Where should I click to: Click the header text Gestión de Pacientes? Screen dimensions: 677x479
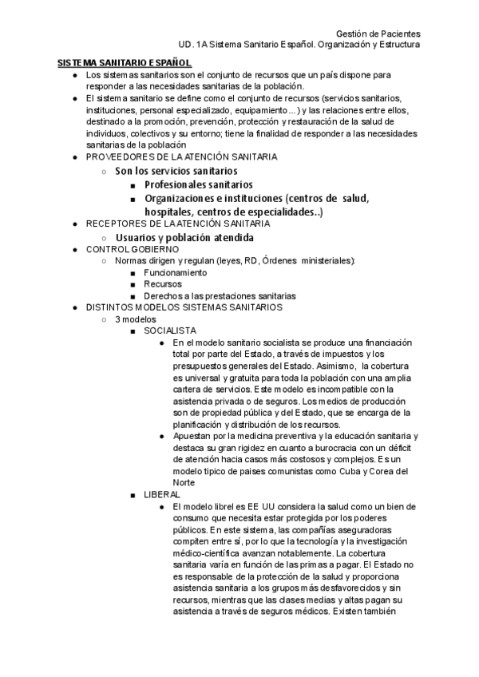coord(378,34)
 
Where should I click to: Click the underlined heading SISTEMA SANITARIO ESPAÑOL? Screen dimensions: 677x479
coord(124,62)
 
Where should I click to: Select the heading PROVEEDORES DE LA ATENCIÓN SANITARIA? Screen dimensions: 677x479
coord(181,157)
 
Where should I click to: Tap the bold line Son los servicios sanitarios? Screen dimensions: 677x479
coord(176,171)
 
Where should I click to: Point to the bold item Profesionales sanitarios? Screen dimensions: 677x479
coord(199,184)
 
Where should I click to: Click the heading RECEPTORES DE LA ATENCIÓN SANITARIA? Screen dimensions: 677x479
coord(179,224)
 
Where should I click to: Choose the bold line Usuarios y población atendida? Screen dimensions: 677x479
coord(184,237)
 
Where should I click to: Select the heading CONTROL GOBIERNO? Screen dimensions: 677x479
coord(132,249)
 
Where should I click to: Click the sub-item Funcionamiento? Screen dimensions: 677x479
coord(175,272)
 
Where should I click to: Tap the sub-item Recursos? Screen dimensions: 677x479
coord(163,283)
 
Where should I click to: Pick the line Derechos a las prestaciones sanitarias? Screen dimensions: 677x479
coord(220,295)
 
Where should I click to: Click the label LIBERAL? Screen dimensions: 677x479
coord(162,495)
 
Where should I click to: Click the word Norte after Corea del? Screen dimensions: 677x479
coord(184,483)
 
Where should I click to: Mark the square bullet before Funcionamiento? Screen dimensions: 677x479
coord(133,272)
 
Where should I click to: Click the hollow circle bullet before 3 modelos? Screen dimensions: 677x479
coord(104,319)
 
